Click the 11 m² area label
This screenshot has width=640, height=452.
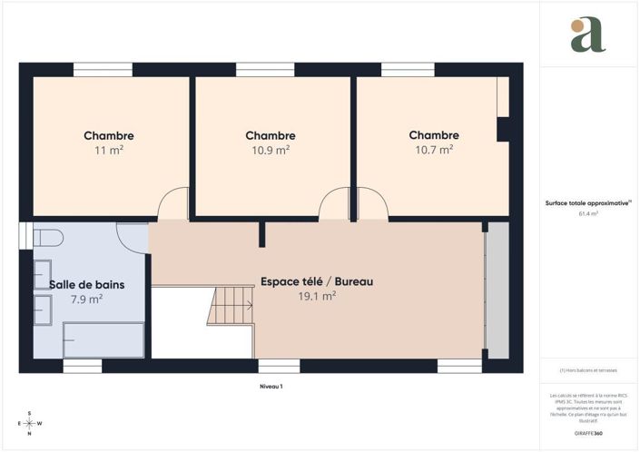click(109, 151)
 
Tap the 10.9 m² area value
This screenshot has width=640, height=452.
click(271, 151)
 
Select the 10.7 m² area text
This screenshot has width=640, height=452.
click(434, 151)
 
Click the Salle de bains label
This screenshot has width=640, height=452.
click(87, 284)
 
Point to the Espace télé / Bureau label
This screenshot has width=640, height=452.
click(317, 281)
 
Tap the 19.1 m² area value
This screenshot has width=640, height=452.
click(317, 296)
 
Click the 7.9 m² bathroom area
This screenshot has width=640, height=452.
click(86, 299)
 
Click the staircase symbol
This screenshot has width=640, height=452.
click(231, 305)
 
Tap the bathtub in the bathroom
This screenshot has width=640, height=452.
click(103, 341)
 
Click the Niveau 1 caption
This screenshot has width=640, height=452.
click(271, 387)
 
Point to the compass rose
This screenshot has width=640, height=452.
click(30, 423)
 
